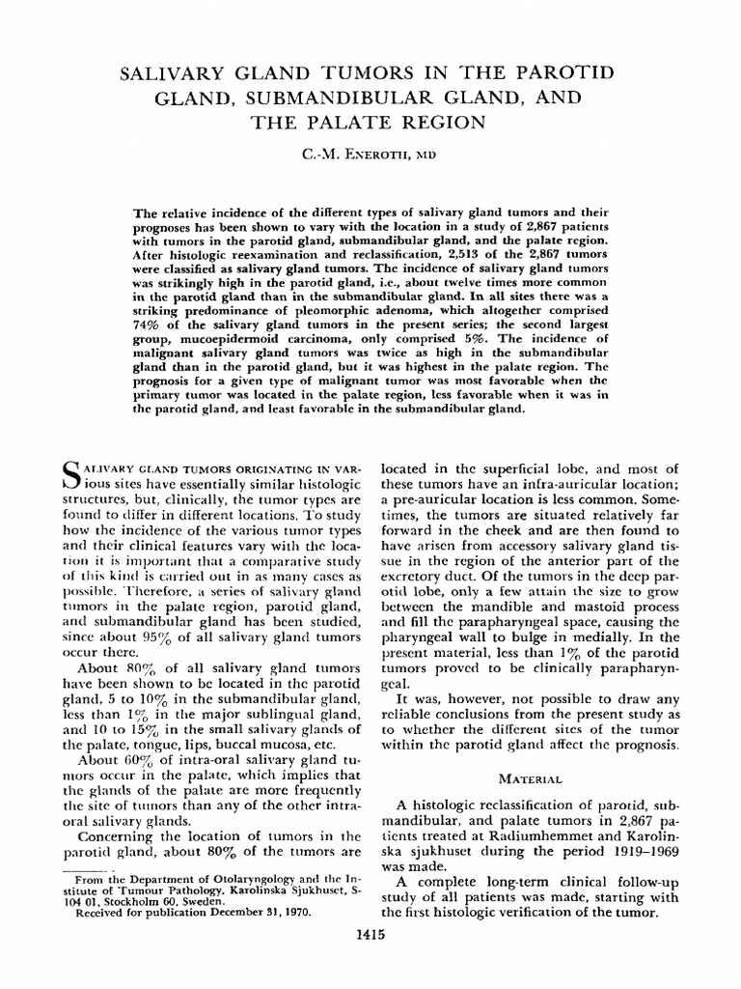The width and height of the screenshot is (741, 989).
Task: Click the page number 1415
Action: [370, 966]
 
